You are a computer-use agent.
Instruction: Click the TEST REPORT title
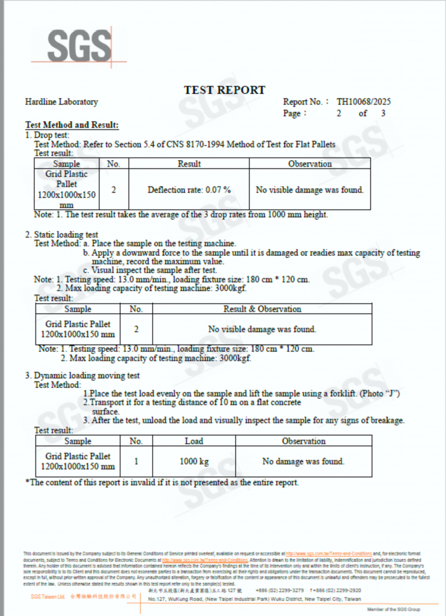point(224,90)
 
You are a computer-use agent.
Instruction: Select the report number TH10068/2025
point(364,102)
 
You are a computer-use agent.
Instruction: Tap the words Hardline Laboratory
point(61,102)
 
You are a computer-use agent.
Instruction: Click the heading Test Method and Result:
point(72,125)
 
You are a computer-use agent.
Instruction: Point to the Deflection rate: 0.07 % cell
point(189,189)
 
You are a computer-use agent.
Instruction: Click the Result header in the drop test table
point(189,164)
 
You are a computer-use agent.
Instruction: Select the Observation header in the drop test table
point(310,164)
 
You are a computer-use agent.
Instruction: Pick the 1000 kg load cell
point(194,461)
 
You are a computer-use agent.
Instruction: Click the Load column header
point(194,441)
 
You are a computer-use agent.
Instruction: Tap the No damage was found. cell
point(304,461)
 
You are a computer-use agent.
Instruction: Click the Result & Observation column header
point(262,309)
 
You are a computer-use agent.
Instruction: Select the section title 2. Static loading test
point(61,234)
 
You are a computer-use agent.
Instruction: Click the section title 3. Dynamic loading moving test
point(82,375)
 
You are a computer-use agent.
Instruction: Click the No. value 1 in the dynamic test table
point(136,461)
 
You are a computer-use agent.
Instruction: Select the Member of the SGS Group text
point(394,609)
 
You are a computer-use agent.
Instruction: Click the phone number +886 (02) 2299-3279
point(280,590)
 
